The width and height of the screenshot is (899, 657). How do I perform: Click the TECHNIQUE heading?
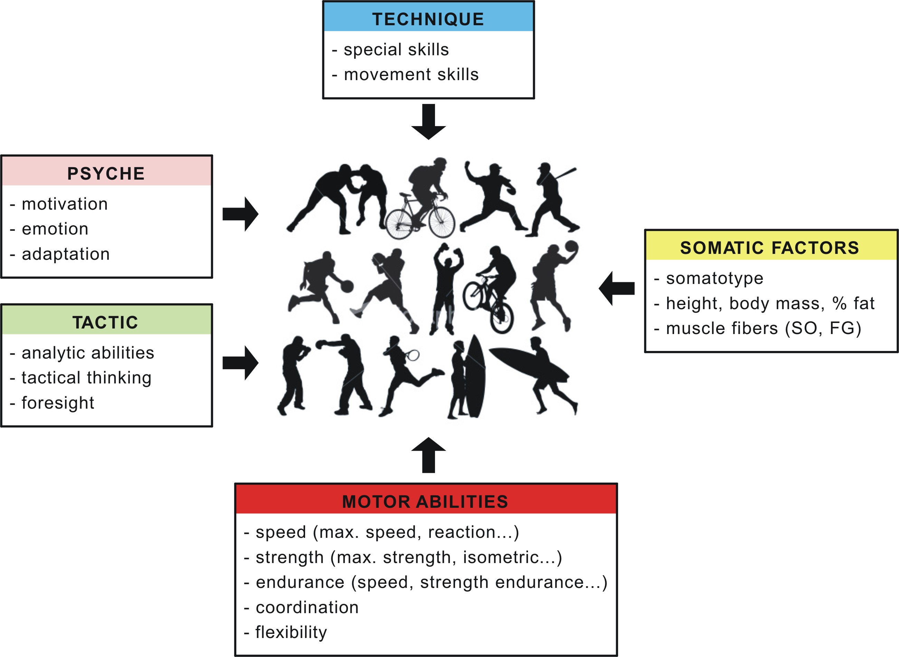428,19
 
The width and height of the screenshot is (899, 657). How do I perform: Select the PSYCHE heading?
106,173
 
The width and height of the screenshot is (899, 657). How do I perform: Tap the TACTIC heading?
105,322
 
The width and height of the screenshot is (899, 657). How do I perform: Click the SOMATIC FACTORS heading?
770,248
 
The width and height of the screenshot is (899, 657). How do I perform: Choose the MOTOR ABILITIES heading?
425,502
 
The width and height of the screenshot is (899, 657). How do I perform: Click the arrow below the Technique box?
428,122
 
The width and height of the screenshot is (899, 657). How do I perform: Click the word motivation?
65,204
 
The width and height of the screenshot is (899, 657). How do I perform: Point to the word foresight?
58,403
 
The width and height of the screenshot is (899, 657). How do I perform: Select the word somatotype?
715,278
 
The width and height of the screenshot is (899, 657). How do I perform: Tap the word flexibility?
291,632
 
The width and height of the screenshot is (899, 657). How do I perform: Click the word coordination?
307,607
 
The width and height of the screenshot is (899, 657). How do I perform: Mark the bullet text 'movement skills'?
411,74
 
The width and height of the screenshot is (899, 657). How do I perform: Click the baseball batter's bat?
565,173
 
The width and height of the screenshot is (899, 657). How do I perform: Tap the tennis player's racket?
413,354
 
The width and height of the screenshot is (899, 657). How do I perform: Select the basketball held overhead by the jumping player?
571,247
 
